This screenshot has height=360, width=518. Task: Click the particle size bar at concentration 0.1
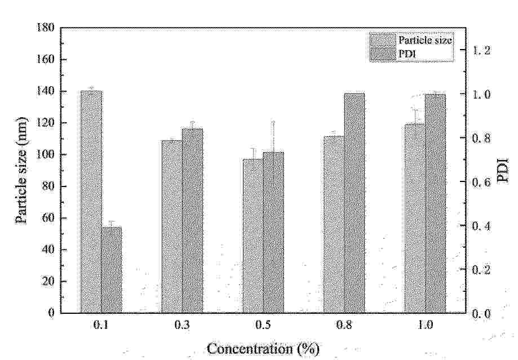pyautogui.click(x=91, y=201)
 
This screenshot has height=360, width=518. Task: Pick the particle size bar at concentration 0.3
pyautogui.click(x=172, y=226)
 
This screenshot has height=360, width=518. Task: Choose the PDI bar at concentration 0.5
pyautogui.click(x=273, y=232)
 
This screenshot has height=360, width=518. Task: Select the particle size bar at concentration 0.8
pyautogui.click(x=334, y=224)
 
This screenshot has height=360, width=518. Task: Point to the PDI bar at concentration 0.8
pyautogui.click(x=354, y=203)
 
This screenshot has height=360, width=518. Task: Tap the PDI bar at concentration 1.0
pyautogui.click(x=435, y=203)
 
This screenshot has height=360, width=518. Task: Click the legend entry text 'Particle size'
pyautogui.click(x=425, y=41)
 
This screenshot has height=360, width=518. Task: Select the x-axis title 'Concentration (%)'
pyautogui.click(x=263, y=349)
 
